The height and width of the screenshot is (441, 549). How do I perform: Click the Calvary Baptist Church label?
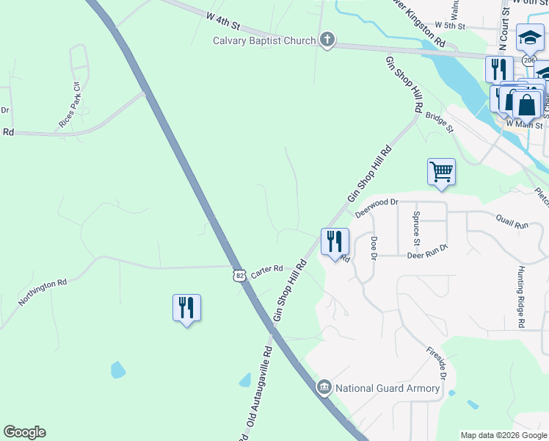click(264, 40)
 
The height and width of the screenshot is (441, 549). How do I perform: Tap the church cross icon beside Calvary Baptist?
click(327, 40)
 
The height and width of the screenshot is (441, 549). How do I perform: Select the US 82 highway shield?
click(239, 276)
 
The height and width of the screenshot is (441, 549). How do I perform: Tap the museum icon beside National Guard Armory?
click(324, 387)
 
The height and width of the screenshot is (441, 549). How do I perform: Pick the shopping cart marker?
click(441, 172)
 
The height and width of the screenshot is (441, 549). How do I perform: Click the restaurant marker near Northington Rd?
click(186, 307)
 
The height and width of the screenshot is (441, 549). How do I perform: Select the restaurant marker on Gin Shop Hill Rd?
click(335, 241)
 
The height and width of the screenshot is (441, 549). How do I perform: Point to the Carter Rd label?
click(267, 271)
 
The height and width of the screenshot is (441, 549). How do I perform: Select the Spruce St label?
click(416, 228)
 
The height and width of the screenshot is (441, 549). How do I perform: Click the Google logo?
click(24, 432)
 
